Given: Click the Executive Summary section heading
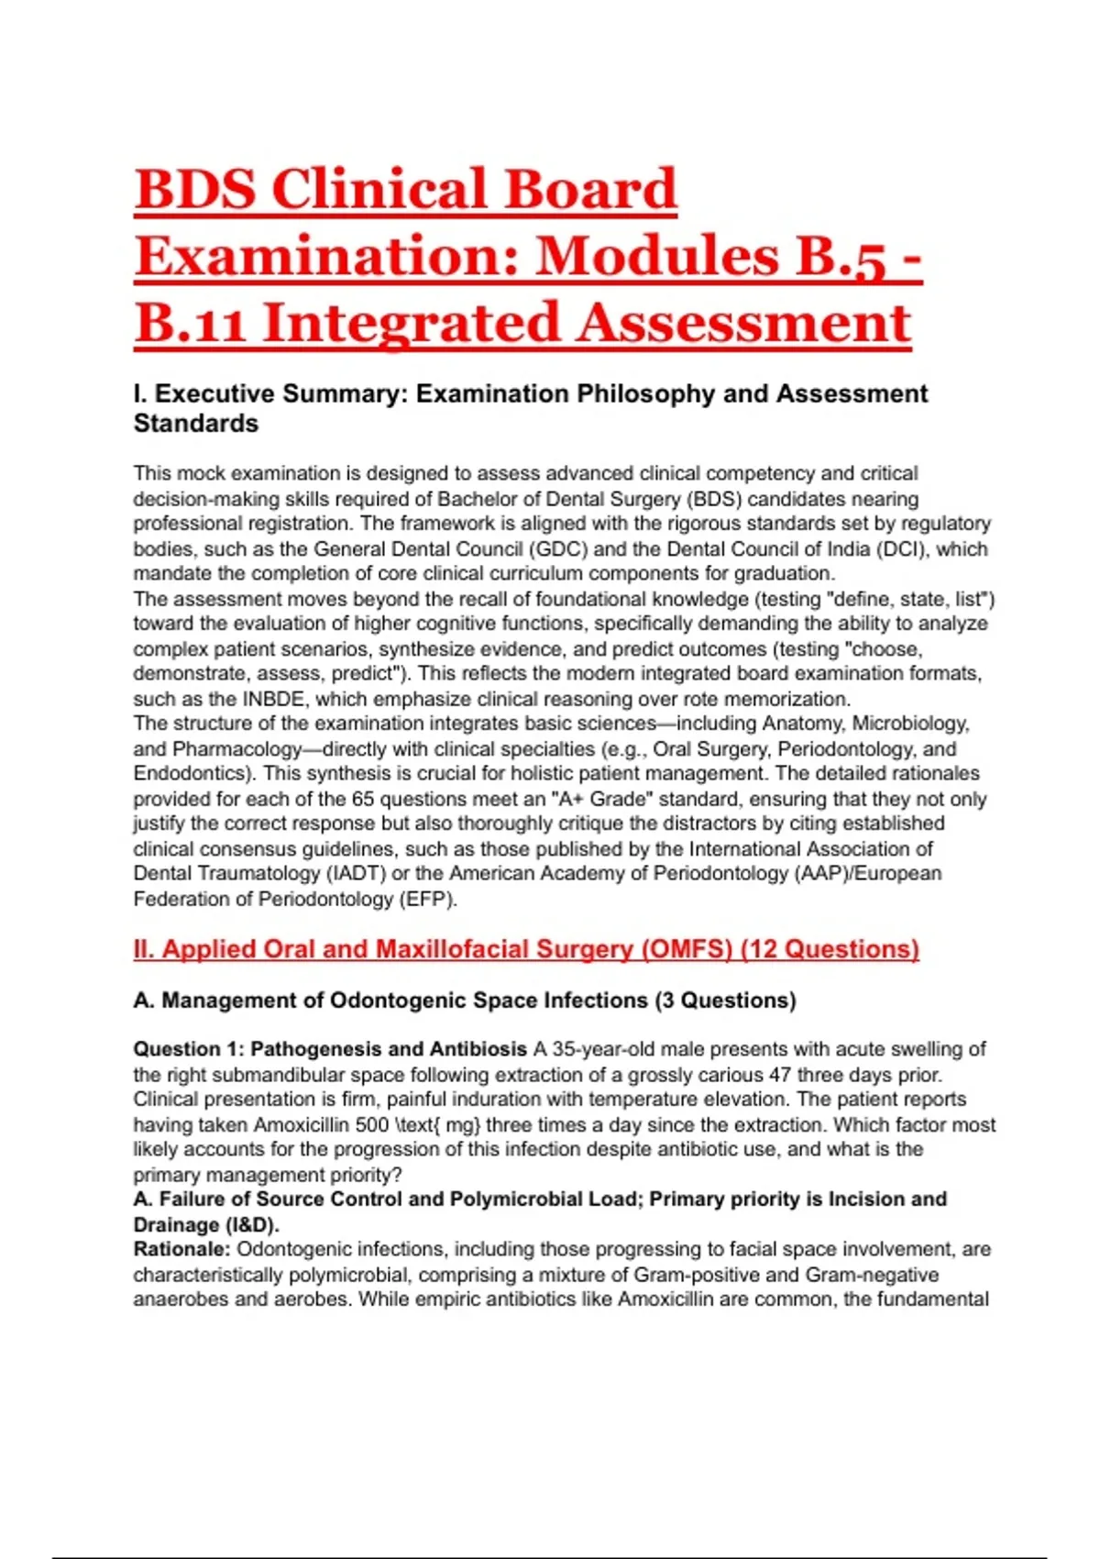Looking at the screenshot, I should coord(530,408).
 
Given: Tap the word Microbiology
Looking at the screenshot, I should coord(911,724).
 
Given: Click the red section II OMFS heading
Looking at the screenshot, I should coord(526,949).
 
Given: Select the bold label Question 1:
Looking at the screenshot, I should coord(190,1049).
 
